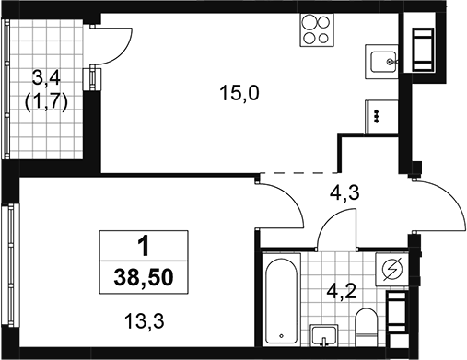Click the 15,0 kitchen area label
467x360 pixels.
click(x=239, y=93)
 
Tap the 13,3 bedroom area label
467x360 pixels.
click(x=145, y=321)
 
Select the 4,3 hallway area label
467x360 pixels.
click(x=344, y=193)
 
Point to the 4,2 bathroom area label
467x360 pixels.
click(x=342, y=291)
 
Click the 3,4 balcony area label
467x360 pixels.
click(x=47, y=79)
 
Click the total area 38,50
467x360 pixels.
click(x=144, y=277)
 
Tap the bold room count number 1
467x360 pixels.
click(x=144, y=246)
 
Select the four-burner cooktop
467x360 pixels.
click(x=317, y=30)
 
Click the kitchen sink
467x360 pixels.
click(x=381, y=62)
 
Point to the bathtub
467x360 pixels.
click(x=281, y=298)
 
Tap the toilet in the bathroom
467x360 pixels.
click(x=366, y=327)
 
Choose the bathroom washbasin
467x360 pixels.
click(x=324, y=335)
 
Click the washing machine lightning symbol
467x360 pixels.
click(x=391, y=270)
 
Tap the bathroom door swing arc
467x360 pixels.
click(x=329, y=220)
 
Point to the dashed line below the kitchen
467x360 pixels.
click(x=298, y=173)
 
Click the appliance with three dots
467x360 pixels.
click(x=381, y=117)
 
